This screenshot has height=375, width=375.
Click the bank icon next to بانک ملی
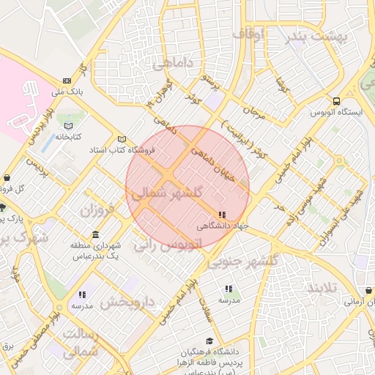pyautogui.click(x=67, y=81)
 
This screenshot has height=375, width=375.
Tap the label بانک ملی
pyautogui.click(x=67, y=92)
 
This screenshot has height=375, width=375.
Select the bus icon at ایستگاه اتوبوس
pyautogui.click(x=336, y=101)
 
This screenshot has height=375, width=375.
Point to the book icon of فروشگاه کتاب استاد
pyautogui.click(x=122, y=139)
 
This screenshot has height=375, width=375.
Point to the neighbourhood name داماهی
pyautogui.click(x=174, y=64)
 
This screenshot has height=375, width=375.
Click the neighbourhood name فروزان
pyautogui.click(x=98, y=212)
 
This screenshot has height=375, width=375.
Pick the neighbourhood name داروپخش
pyautogui.click(x=128, y=301)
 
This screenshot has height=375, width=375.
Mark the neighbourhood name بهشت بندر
pyautogui.click(x=315, y=35)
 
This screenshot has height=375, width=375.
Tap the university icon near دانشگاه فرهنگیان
pyautogui.click(x=210, y=341)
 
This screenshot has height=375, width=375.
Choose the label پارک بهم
pyautogui.click(x=11, y=218)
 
